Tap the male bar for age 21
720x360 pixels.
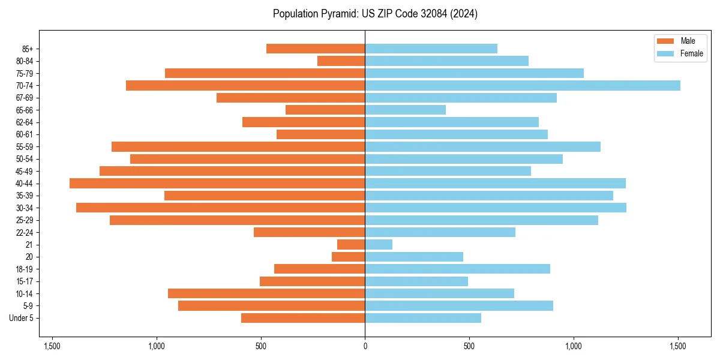(x=351, y=244)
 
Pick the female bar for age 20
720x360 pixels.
(x=414, y=257)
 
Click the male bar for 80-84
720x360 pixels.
(x=341, y=61)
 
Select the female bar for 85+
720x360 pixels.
(x=431, y=49)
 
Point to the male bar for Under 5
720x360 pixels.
(x=303, y=318)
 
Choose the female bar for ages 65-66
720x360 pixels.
(x=405, y=110)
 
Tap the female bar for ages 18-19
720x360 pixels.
(x=457, y=269)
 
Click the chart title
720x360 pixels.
(x=375, y=14)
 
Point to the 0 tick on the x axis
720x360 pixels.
(x=365, y=346)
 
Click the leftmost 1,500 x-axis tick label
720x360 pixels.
(x=52, y=346)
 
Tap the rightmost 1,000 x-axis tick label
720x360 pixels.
(x=574, y=346)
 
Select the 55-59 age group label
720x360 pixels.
(x=28, y=146)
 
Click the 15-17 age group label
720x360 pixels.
(x=28, y=281)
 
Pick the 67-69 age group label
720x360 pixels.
(x=28, y=98)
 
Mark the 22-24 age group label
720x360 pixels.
(x=28, y=232)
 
